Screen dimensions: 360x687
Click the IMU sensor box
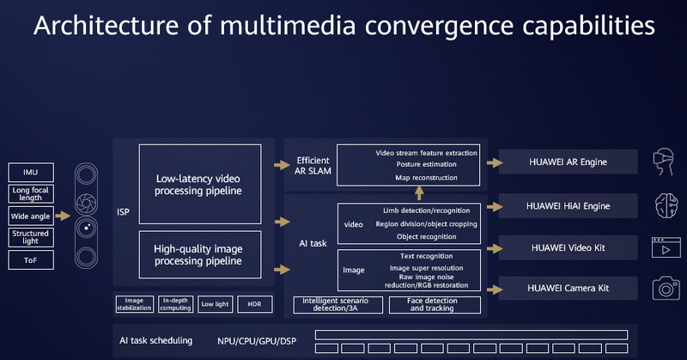tap(32, 172)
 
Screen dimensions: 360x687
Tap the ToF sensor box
tap(32, 259)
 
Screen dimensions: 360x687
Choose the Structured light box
tap(32, 237)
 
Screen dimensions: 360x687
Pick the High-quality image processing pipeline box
tap(198, 254)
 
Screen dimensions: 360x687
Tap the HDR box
tap(254, 304)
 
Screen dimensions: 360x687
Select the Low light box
tap(215, 304)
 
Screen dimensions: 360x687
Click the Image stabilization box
tap(134, 304)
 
